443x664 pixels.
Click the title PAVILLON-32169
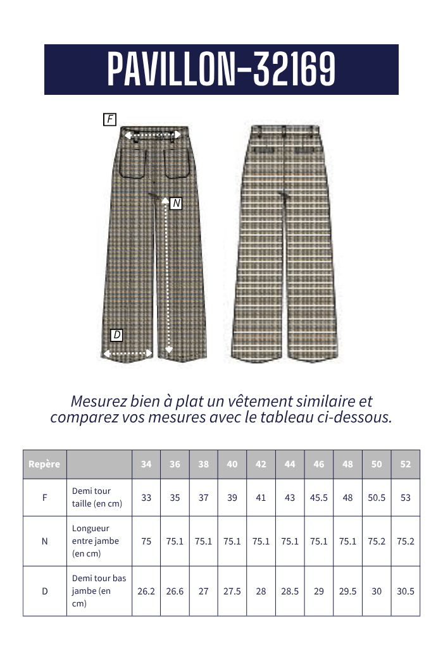(x=221, y=69)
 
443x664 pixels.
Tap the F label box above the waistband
(x=109, y=119)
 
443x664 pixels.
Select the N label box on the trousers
(x=176, y=203)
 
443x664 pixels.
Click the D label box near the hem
(x=116, y=335)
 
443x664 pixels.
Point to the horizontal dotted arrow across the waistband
(x=153, y=135)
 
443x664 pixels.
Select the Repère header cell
(x=44, y=464)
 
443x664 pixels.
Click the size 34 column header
(x=146, y=464)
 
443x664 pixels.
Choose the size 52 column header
(x=406, y=464)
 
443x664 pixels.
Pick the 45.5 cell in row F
(x=319, y=498)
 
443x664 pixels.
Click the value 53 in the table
(x=406, y=498)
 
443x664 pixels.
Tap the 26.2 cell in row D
(x=146, y=591)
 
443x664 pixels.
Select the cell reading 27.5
(x=232, y=591)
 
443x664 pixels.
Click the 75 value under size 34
(x=146, y=541)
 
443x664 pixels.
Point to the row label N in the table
(x=44, y=541)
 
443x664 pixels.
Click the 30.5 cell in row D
(x=406, y=591)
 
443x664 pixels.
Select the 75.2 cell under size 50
(x=377, y=541)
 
